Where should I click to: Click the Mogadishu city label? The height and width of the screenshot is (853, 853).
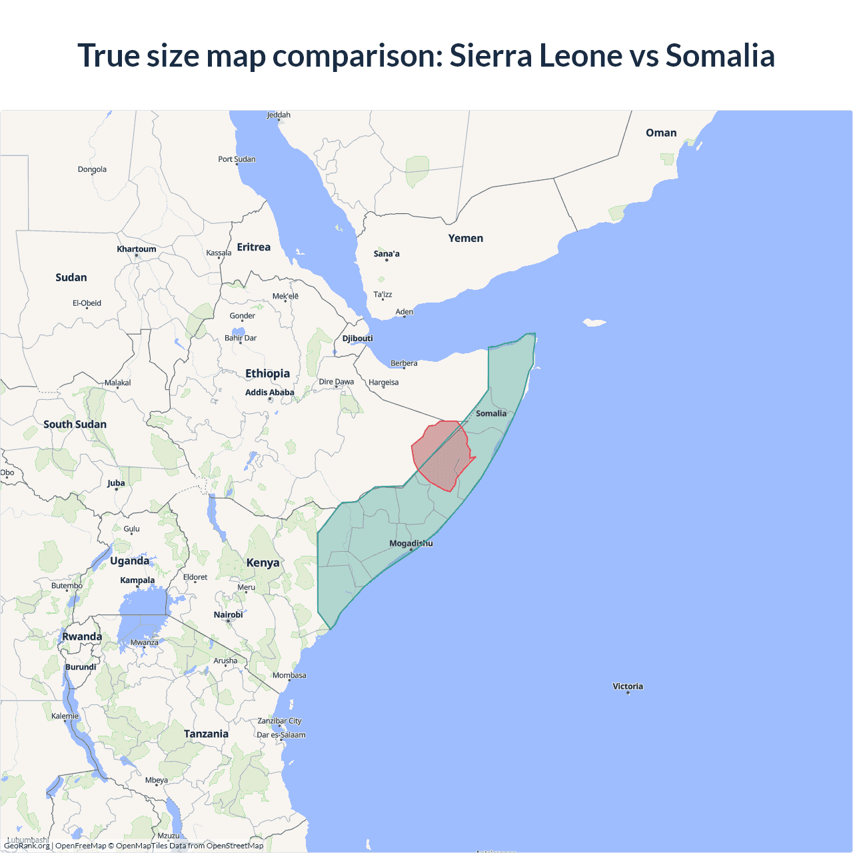tap(411, 543)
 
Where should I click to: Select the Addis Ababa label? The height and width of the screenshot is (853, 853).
tap(269, 393)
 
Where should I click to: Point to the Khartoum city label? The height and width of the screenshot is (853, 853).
tap(137, 249)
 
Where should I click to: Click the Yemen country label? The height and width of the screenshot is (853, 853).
tap(465, 239)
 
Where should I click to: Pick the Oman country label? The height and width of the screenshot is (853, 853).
tap(661, 133)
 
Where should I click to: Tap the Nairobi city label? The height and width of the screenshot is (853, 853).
tap(228, 615)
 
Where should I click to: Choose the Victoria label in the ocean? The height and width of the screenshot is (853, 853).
tap(628, 686)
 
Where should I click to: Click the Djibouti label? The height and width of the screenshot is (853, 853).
tap(357, 339)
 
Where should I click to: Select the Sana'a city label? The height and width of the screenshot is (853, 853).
tap(387, 254)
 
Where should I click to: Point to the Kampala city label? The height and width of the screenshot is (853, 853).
tap(137, 580)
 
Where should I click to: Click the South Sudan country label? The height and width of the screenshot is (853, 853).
tap(75, 425)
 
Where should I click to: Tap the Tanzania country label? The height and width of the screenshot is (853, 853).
tap(206, 734)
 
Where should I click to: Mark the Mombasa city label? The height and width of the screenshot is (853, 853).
tap(289, 676)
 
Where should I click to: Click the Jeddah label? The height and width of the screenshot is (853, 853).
tap(279, 115)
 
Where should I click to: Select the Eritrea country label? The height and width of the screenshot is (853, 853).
tap(254, 247)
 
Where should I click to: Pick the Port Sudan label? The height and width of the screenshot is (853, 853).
tap(237, 159)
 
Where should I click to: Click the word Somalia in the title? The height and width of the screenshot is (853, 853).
tap(720, 55)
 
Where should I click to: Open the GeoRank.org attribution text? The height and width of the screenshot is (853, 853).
tap(27, 846)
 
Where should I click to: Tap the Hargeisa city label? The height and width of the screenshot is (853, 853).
tap(383, 383)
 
